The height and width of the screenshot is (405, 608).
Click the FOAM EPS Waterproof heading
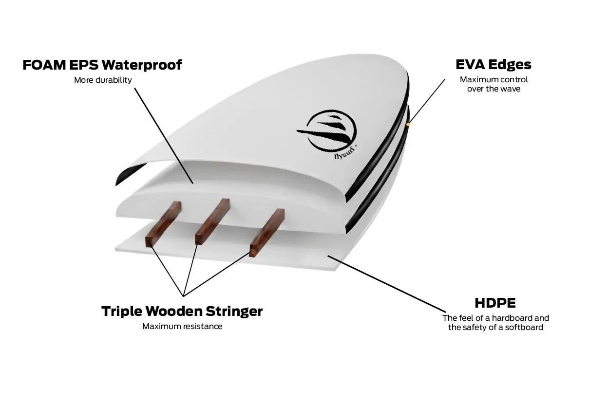click(x=102, y=65)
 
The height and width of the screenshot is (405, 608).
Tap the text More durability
click(x=103, y=80)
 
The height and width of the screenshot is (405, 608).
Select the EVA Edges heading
click(x=493, y=64)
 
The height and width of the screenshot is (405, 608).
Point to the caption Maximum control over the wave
click(x=494, y=84)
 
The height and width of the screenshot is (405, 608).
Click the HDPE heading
click(x=495, y=302)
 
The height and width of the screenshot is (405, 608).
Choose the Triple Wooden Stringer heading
click(x=182, y=311)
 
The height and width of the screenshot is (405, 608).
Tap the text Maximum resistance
click(x=182, y=326)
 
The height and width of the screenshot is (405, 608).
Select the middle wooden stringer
click(x=212, y=221)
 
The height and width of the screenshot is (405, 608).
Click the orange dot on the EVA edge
click(x=408, y=124)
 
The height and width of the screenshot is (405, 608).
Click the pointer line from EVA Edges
click(x=427, y=101)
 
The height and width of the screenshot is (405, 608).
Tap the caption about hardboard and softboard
click(x=495, y=322)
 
